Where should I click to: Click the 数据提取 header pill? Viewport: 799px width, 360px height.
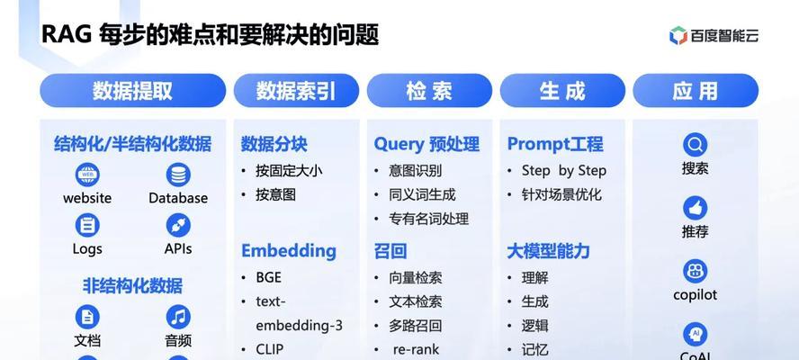(x=132, y=91)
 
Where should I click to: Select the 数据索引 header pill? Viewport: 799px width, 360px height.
(x=296, y=91)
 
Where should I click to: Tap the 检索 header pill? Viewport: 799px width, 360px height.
(x=429, y=91)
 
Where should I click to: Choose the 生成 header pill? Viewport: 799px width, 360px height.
(x=562, y=91)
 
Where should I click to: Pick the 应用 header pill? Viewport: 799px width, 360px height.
(x=695, y=91)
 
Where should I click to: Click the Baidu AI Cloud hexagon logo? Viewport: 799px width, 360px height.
(x=678, y=36)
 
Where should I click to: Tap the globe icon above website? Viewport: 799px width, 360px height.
(x=87, y=175)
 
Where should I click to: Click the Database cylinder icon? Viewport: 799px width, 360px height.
(x=178, y=175)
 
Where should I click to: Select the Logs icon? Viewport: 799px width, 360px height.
(x=87, y=225)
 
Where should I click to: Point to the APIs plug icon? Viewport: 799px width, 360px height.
(x=178, y=225)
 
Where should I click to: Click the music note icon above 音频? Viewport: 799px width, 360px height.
(x=178, y=317)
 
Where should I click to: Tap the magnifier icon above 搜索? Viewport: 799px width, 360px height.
(x=695, y=145)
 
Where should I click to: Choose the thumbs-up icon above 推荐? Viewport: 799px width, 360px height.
(x=695, y=208)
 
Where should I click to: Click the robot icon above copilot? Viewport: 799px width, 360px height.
(x=695, y=271)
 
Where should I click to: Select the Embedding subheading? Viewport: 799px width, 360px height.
(x=289, y=251)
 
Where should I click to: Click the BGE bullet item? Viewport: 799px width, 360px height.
(x=268, y=277)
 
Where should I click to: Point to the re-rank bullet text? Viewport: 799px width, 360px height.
(x=416, y=350)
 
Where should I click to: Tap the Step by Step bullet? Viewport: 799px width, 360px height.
(x=563, y=171)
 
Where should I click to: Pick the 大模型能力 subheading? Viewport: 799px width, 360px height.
(x=548, y=251)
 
